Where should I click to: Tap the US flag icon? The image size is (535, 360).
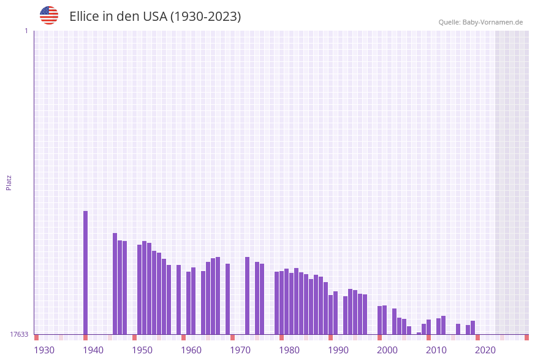49,15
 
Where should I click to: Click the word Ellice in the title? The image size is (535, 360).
84,17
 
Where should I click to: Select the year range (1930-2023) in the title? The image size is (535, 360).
205,17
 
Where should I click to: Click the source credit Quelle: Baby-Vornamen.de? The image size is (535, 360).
480,22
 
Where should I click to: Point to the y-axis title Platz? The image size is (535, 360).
9,182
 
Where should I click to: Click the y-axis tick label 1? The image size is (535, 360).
26,31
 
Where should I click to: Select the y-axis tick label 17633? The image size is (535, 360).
19,334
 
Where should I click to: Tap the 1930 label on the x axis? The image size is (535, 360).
44,350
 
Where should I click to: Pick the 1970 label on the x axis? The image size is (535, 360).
240,350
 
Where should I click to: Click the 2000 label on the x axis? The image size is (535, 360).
387,350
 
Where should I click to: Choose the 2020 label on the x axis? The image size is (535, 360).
485,350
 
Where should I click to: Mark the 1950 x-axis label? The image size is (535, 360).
142,350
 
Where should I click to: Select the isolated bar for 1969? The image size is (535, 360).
227,299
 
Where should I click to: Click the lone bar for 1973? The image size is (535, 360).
247,296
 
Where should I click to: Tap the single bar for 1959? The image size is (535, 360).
178,299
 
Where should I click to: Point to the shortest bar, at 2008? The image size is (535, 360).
419,333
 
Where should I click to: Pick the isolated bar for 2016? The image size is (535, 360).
458,329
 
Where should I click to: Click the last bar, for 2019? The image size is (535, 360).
472,327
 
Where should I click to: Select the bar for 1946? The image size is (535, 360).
115,283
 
